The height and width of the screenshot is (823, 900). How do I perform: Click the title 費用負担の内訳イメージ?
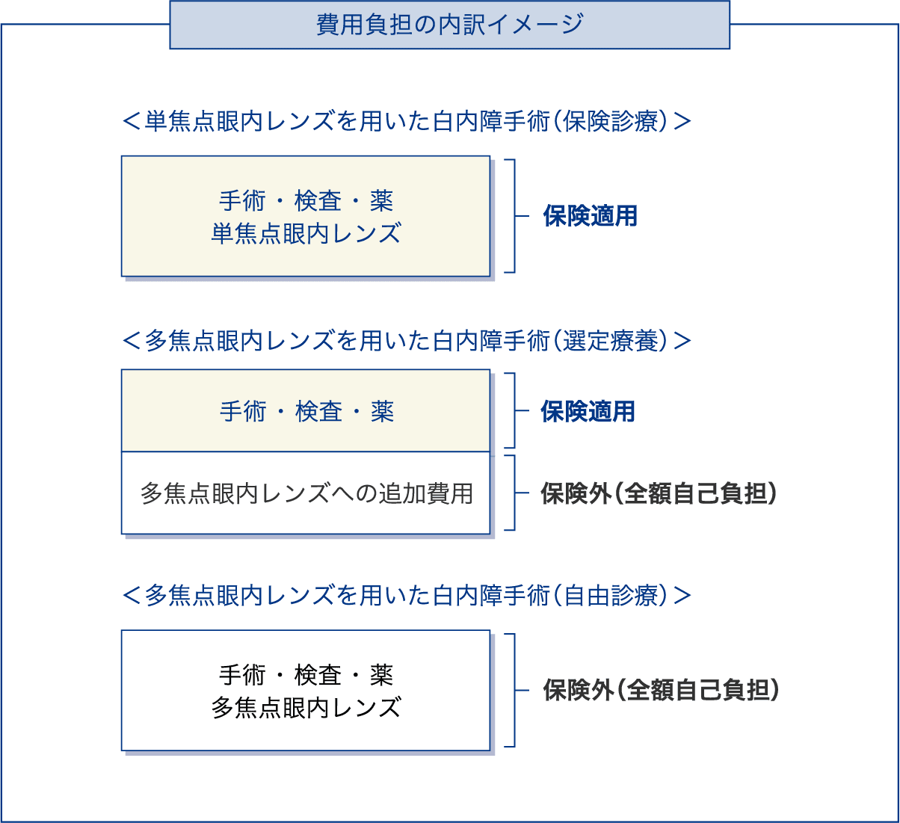[x=449, y=24]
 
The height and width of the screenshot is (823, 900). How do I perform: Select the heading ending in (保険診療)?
[x=407, y=121]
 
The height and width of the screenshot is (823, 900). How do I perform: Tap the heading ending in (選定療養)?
[x=407, y=341]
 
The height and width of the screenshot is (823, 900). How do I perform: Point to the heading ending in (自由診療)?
[x=407, y=596]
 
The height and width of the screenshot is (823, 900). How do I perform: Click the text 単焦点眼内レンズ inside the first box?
[x=306, y=233]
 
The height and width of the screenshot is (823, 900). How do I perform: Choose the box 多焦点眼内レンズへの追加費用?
[x=306, y=493]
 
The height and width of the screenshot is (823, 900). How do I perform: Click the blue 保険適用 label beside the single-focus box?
[x=590, y=216]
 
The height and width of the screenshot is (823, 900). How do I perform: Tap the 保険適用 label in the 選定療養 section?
[x=588, y=411]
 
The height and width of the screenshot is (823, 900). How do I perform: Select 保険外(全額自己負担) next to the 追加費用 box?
[x=659, y=493]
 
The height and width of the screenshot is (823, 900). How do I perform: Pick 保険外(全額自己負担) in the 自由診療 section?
[x=661, y=690]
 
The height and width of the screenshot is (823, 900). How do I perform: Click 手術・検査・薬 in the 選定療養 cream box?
[x=307, y=411]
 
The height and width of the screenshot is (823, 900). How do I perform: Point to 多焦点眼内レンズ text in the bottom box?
[x=306, y=708]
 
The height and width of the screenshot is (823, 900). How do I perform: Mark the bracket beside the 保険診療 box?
[x=514, y=216]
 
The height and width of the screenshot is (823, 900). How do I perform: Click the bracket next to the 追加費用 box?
[x=514, y=493]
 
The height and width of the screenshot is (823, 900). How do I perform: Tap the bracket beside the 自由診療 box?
[x=514, y=690]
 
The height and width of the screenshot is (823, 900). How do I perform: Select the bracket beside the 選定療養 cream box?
[x=514, y=410]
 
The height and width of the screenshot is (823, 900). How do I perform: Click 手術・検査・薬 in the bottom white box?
[x=306, y=675]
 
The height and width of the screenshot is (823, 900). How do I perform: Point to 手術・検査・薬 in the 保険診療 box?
[x=306, y=200]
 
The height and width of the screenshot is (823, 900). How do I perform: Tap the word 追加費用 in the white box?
[x=426, y=493]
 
